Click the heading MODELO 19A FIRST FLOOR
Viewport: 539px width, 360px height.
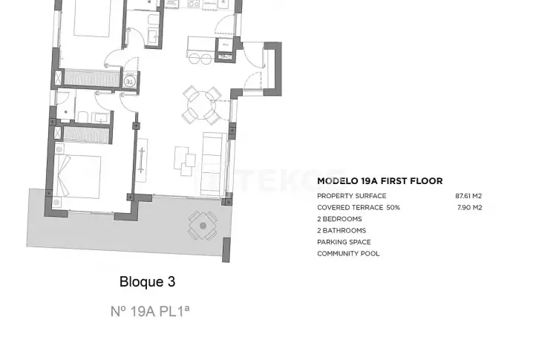click(x=379, y=181)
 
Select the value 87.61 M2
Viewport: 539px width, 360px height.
click(x=468, y=196)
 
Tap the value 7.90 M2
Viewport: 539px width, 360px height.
click(x=469, y=208)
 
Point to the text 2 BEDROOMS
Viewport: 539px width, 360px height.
click(x=339, y=219)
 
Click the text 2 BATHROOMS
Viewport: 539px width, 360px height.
click(x=342, y=230)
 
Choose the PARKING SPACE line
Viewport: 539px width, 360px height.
click(x=344, y=242)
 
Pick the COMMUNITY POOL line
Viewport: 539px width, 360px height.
click(x=348, y=254)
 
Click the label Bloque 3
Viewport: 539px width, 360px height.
click(x=148, y=281)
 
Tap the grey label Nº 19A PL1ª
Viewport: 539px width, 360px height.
click(x=150, y=311)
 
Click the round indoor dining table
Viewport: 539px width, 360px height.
click(x=201, y=105)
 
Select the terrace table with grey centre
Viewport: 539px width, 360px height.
click(x=203, y=226)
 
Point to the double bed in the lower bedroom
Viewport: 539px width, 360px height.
click(x=77, y=176)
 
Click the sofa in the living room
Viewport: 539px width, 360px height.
click(x=213, y=163)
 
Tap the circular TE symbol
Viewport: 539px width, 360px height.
click(x=129, y=82)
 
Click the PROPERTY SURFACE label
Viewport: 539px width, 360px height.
click(x=352, y=196)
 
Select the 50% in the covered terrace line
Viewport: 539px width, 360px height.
click(x=393, y=208)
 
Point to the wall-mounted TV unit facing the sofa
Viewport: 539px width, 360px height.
click(x=142, y=160)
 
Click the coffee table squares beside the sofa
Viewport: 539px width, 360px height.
click(x=185, y=161)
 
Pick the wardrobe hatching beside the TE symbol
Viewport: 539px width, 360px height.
click(x=92, y=77)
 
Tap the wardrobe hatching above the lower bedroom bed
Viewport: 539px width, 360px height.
click(x=86, y=134)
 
